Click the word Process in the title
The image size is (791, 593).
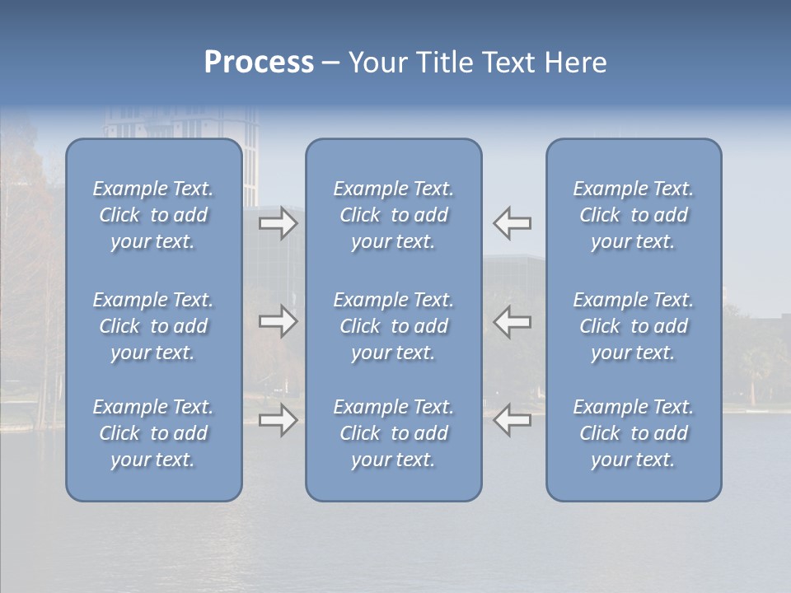(259, 63)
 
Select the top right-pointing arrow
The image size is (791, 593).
(278, 223)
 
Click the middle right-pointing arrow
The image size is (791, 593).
(278, 321)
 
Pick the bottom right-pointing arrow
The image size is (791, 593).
(278, 420)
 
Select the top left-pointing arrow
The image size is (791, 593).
(512, 223)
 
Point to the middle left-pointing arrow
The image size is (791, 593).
(512, 321)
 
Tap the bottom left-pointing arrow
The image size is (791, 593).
(512, 420)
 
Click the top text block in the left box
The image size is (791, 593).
(153, 215)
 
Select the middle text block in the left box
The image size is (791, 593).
(153, 326)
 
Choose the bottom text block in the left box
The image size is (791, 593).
(153, 433)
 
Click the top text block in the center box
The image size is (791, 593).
(393, 215)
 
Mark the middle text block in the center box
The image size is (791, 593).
(393, 326)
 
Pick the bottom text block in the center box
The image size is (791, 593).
(393, 433)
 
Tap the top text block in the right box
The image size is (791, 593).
(633, 215)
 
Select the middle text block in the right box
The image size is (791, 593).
(633, 326)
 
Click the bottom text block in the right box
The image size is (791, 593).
(633, 433)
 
